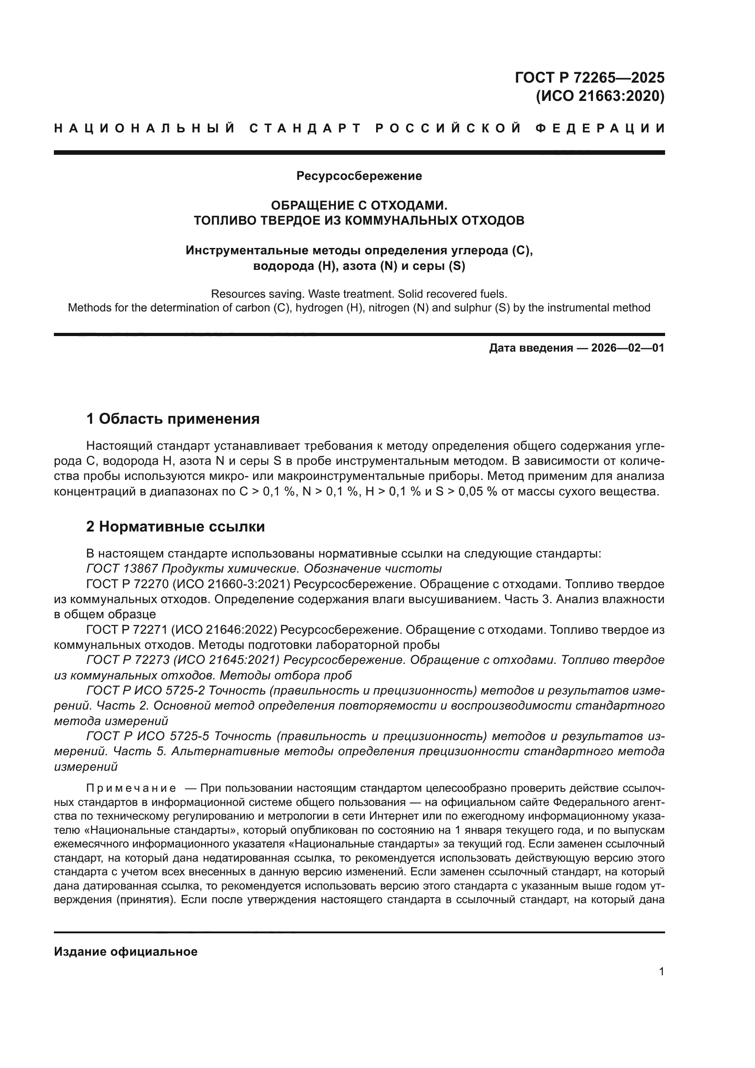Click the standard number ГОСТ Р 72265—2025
589,78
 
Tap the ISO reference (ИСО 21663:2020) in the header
600,96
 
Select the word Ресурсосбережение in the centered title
359,176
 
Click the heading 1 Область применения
173,419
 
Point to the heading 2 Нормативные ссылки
176,526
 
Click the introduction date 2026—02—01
627,348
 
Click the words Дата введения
530,348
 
